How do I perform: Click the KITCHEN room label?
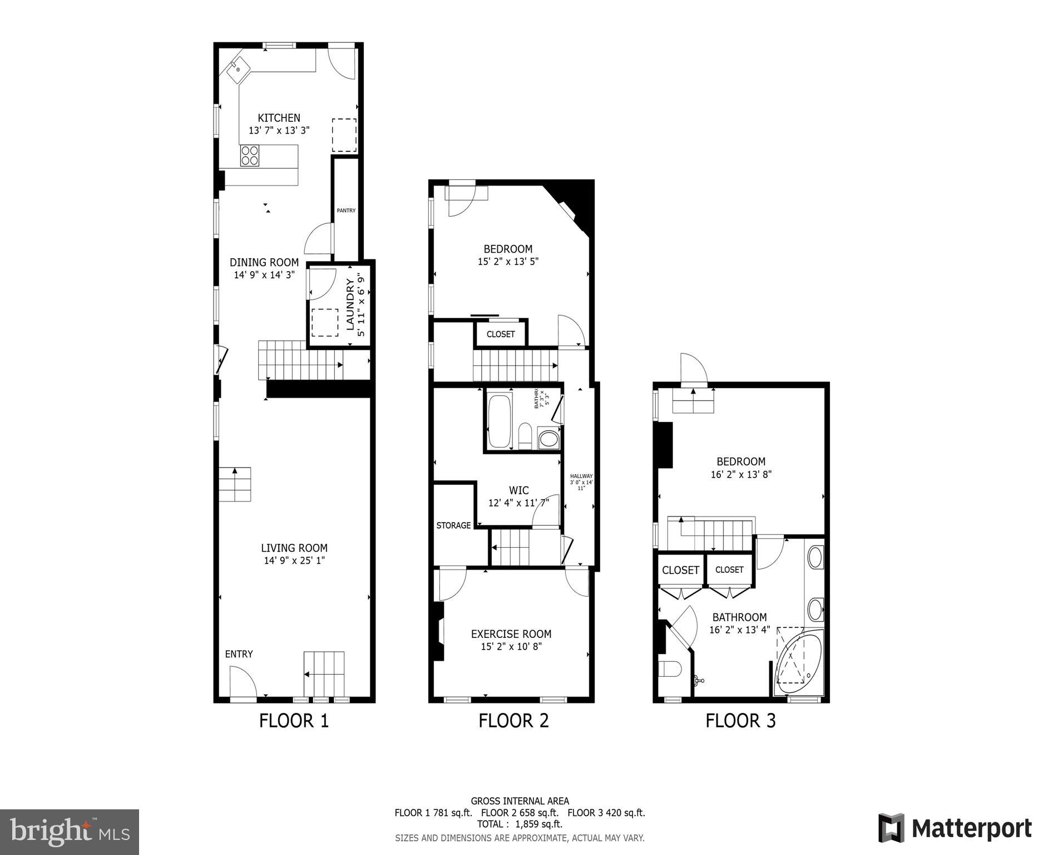click(279, 118)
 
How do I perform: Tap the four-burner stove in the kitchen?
click(250, 155)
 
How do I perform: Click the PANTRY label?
click(346, 210)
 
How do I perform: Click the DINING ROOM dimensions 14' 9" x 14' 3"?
click(264, 275)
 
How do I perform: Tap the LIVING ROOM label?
click(294, 548)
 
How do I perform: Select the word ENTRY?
click(239, 654)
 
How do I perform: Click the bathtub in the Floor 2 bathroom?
click(499, 421)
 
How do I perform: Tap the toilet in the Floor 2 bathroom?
click(525, 436)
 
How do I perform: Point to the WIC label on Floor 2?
click(518, 490)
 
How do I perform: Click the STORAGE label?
click(453, 525)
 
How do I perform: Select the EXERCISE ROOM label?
click(511, 633)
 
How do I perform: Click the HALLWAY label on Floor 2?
click(581, 476)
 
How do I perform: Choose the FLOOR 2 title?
click(513, 721)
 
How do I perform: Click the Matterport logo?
click(955, 828)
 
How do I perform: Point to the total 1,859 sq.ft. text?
click(520, 824)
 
